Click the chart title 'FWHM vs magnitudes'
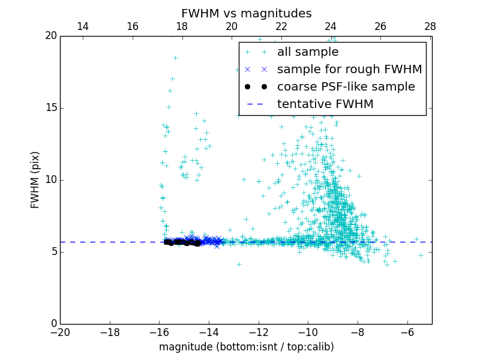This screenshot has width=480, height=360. [x=246, y=13]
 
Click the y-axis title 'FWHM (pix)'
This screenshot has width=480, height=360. [x=35, y=179]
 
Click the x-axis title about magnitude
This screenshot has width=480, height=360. [x=246, y=347]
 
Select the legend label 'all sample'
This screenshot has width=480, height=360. [x=307, y=52]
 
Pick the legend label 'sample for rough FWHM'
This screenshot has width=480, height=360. [x=349, y=70]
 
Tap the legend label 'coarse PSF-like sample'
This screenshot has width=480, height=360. [x=346, y=87]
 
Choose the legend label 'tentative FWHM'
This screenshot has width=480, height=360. [x=325, y=104]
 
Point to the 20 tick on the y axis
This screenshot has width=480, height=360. [x=50, y=36]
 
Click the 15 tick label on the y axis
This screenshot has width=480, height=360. [x=50, y=108]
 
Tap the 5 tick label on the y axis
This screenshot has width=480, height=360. [x=53, y=252]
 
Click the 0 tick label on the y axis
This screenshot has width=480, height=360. [x=53, y=324]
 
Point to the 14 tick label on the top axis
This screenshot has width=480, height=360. [x=83, y=26]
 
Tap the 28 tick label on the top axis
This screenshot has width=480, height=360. [x=430, y=26]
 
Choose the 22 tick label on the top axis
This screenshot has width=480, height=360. [x=281, y=26]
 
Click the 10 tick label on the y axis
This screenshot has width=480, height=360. [x=50, y=180]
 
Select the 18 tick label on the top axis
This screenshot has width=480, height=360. [x=182, y=26]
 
